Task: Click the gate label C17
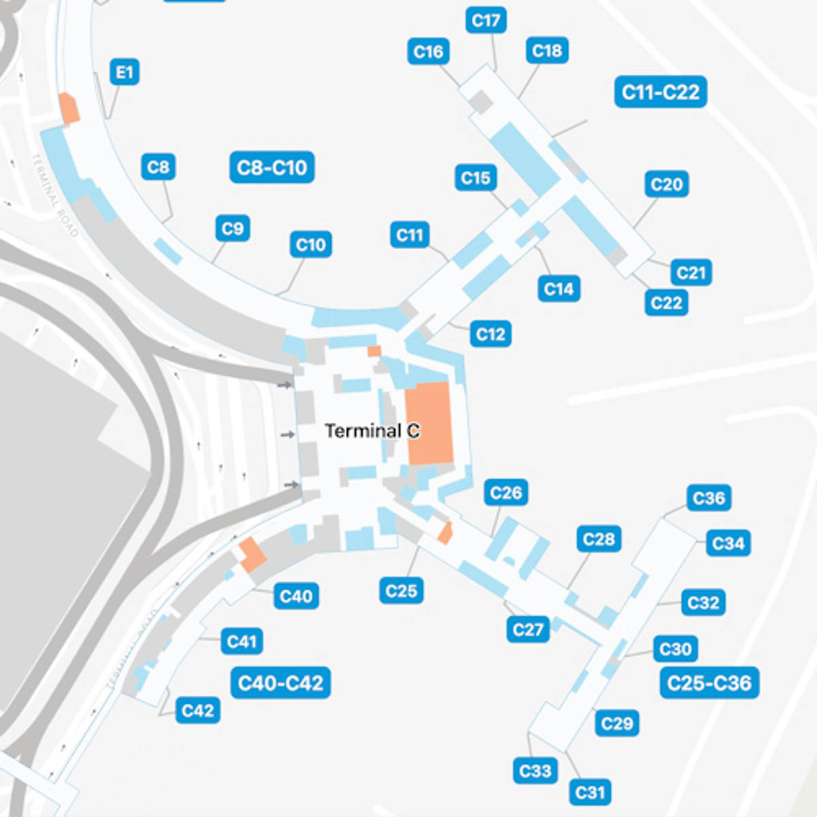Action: (x=485, y=20)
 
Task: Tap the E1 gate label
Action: (x=124, y=71)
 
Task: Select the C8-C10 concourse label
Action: (x=272, y=167)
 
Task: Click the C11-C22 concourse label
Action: (x=660, y=92)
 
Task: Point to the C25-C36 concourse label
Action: (x=709, y=683)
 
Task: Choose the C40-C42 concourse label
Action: (x=281, y=683)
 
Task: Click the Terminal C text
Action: (x=372, y=431)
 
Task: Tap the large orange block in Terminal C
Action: (x=429, y=423)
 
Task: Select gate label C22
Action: (x=666, y=302)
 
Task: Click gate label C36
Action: (x=709, y=498)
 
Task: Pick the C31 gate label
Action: (x=590, y=792)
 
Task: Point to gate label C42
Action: (x=197, y=711)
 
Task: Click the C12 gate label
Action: (x=490, y=334)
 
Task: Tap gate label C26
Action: (x=506, y=492)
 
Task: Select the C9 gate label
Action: (x=232, y=228)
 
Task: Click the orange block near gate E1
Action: (x=69, y=109)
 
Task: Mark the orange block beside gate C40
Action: (x=252, y=554)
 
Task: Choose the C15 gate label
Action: (x=475, y=178)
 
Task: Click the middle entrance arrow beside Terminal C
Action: (x=288, y=434)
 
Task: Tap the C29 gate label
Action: (x=617, y=723)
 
